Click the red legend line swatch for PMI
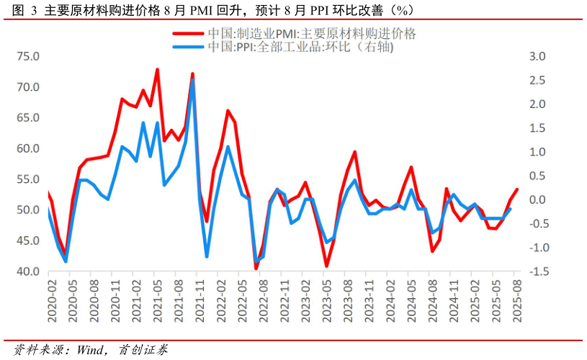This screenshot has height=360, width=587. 189,34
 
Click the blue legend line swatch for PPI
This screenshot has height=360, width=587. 189,47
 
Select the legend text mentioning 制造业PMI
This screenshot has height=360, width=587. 312,34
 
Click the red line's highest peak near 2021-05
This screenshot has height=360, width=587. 157,70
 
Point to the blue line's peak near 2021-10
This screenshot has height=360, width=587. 192,80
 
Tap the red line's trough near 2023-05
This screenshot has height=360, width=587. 326,266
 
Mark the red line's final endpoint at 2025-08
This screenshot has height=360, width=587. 516,189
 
